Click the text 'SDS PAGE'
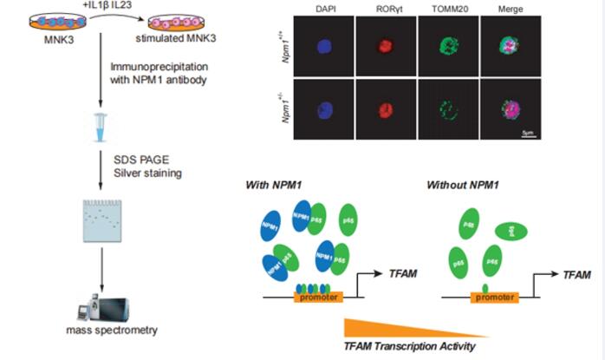137,159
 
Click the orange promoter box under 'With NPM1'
320,297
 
